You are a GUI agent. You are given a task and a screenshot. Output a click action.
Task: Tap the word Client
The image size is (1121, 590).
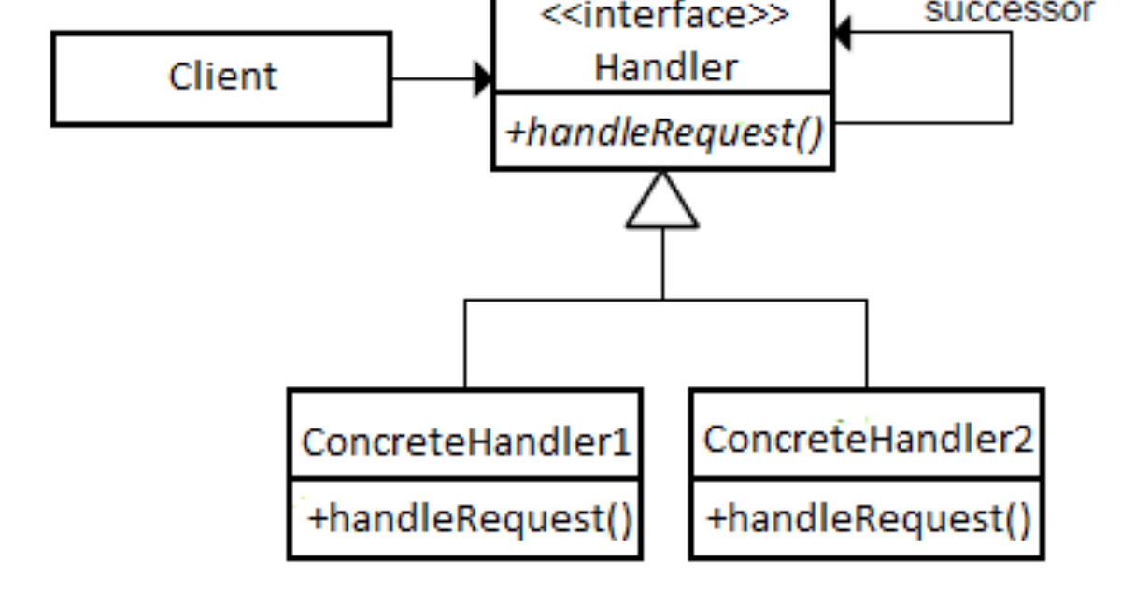click(222, 77)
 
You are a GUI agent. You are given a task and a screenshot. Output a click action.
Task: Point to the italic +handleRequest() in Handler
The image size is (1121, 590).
click(664, 133)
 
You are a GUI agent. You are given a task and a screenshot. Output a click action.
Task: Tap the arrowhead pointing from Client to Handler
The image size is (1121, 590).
click(484, 78)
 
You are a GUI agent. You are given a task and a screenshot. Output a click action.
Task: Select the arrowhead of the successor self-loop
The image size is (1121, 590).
click(841, 35)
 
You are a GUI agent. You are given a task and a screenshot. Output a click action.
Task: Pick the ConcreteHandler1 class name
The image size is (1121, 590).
click(465, 442)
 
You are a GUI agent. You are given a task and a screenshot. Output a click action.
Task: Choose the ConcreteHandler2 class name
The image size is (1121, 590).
click(867, 439)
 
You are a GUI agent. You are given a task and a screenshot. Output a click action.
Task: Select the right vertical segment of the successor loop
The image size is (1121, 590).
click(1011, 78)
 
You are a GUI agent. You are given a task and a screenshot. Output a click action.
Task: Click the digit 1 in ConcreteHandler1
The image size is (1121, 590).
click(623, 442)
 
